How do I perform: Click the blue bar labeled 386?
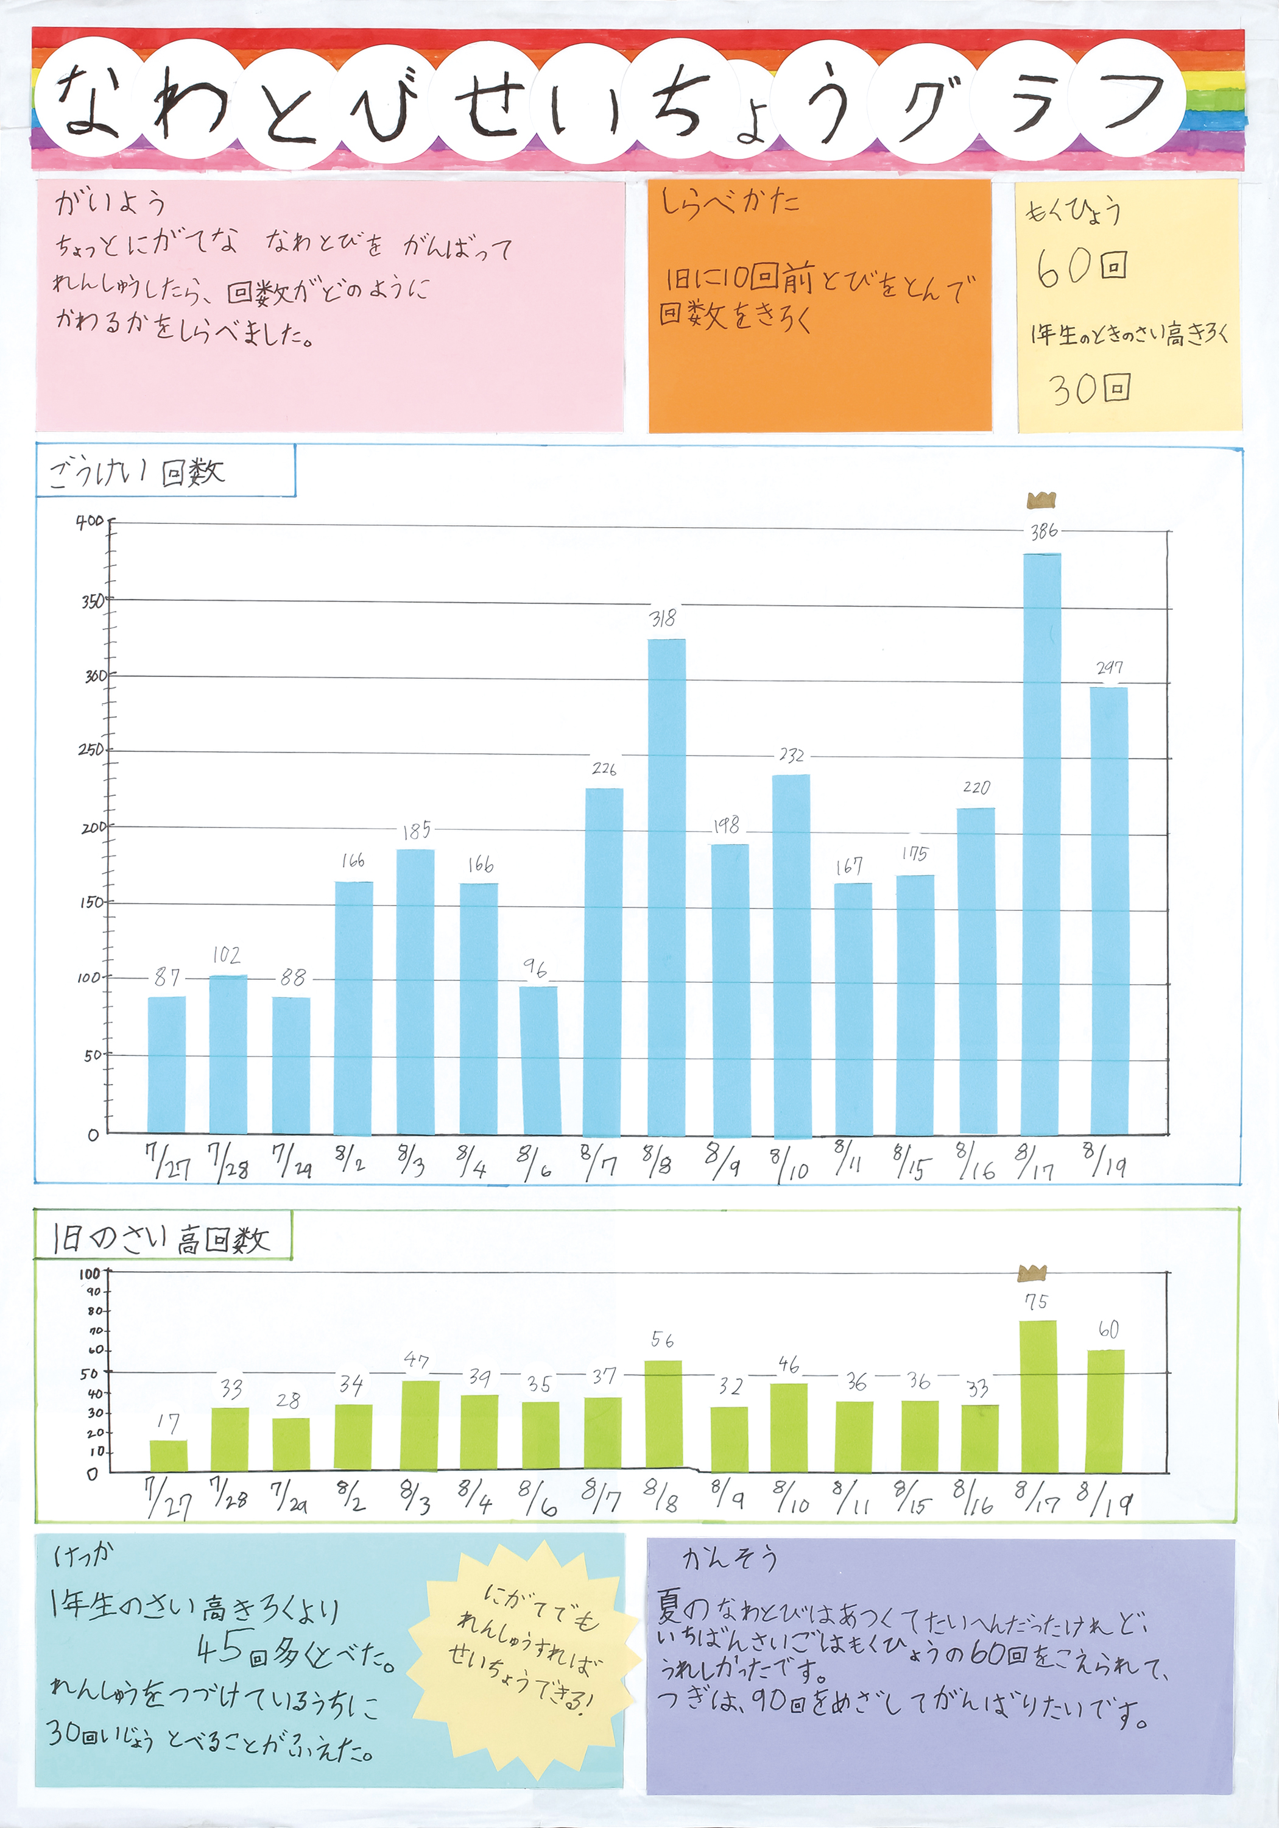tap(1041, 844)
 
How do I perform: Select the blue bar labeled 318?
tap(666, 887)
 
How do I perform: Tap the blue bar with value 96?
tap(540, 1060)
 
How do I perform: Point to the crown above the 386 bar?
tap(1041, 500)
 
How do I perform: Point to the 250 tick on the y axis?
tap(91, 750)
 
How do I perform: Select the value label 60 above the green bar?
tap(1108, 1329)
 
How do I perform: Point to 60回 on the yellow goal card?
tap(1082, 267)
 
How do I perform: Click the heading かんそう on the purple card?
tap(729, 1558)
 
